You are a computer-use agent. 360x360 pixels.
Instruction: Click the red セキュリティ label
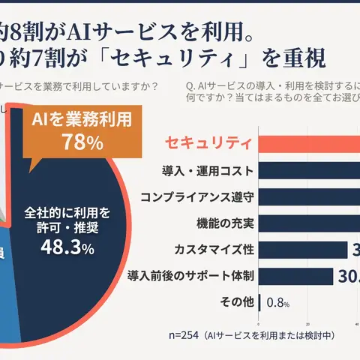(207, 142)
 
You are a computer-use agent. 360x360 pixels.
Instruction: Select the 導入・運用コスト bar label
(207, 170)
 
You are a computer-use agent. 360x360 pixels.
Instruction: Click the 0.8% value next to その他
(277, 303)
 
